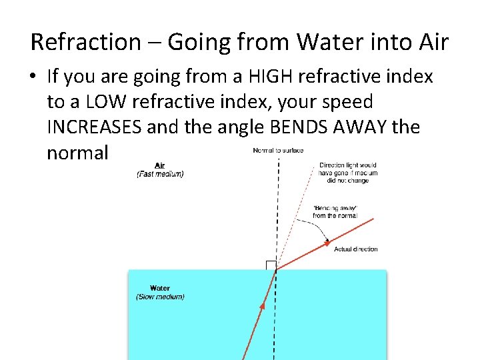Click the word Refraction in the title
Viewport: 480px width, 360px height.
pyautogui.click(x=85, y=42)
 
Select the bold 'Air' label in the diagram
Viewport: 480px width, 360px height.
pyautogui.click(x=160, y=165)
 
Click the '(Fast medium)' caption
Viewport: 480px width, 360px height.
pyautogui.click(x=160, y=174)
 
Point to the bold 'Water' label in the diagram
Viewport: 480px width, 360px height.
pyautogui.click(x=160, y=289)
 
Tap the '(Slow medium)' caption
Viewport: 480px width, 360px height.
pyautogui.click(x=160, y=297)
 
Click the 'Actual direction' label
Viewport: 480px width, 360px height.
pyautogui.click(x=355, y=249)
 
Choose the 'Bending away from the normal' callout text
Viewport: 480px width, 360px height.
pyautogui.click(x=335, y=212)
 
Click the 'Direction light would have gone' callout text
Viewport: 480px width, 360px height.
pyautogui.click(x=348, y=173)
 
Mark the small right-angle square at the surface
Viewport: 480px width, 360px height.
pyautogui.click(x=271, y=265)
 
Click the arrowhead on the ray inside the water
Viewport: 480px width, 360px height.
pyautogui.click(x=263, y=307)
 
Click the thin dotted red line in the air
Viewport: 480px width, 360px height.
pyautogui.click(x=296, y=213)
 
